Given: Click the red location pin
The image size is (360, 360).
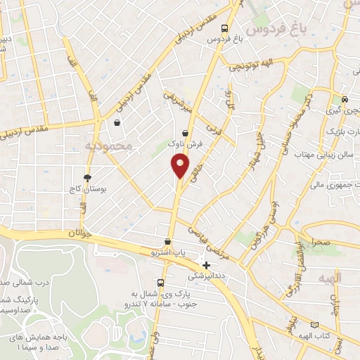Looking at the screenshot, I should (180, 165).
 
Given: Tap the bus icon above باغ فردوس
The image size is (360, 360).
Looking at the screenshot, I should (224, 29).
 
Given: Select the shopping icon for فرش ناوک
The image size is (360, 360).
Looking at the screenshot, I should (185, 132).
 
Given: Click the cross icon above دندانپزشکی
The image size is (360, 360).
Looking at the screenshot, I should (206, 266).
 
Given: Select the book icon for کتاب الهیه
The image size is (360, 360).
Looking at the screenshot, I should (314, 326).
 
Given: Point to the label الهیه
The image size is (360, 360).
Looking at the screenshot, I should (329, 278).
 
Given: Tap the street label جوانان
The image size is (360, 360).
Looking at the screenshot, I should (80, 232).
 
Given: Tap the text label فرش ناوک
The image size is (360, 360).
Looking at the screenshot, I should (190, 143).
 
